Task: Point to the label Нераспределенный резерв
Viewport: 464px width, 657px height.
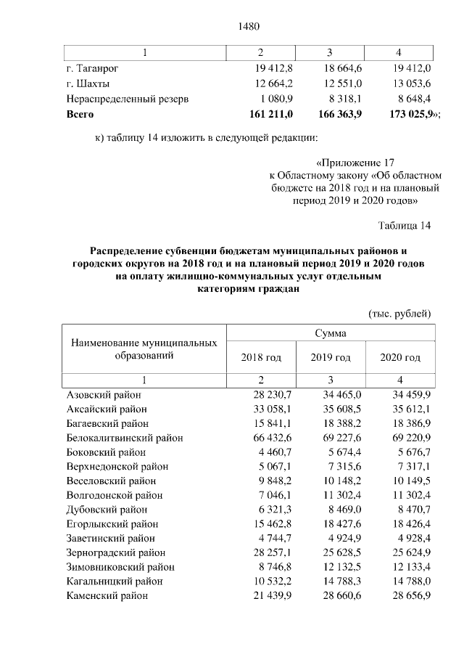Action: pyautogui.click(x=128, y=99)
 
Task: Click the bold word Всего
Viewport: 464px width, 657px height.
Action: pyautogui.click(x=80, y=114)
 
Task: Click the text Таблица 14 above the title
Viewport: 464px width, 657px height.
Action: pyautogui.click(x=405, y=226)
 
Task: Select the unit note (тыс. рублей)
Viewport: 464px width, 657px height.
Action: pyautogui.click(x=401, y=314)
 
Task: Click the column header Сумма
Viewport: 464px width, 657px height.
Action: pyautogui.click(x=330, y=333)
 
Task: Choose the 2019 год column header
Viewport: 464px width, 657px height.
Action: pyautogui.click(x=331, y=358)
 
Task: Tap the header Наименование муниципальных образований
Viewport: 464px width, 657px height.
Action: pyautogui.click(x=144, y=349)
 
